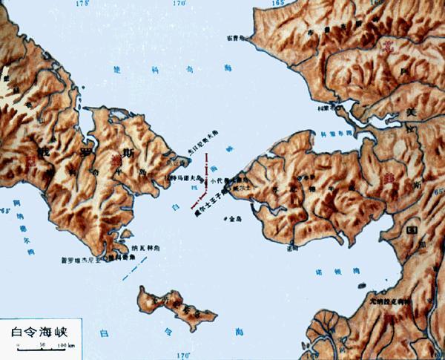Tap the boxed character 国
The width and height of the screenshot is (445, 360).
pyautogui.click(x=410, y=232)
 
